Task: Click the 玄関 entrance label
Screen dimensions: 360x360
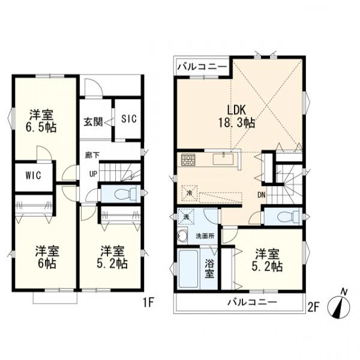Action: [92, 119]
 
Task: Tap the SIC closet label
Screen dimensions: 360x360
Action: [129, 119]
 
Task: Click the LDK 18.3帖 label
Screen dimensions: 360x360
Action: [240, 116]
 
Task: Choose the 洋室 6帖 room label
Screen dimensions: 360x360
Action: [44, 257]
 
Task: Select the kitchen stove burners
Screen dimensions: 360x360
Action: [188, 161]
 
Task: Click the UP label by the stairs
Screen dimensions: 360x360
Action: [93, 174]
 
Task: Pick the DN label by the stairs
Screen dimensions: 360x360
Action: [262, 194]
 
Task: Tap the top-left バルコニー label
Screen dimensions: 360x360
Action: [201, 66]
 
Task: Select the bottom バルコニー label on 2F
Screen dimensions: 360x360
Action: [251, 302]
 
